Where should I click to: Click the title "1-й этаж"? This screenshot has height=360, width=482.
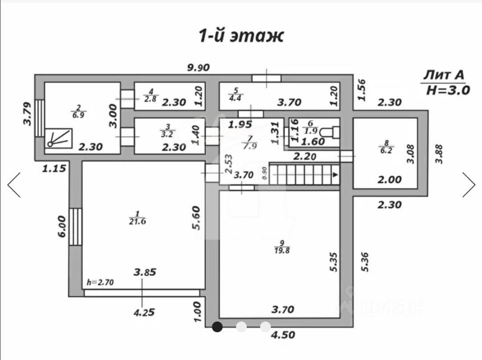point(241,36)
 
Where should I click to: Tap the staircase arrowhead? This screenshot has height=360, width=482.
point(334,175)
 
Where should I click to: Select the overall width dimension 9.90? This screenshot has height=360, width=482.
point(198,68)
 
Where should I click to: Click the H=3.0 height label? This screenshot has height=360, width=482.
point(448,90)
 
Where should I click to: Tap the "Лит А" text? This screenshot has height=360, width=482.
point(444,74)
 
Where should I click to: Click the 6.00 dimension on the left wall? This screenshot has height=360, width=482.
point(62,226)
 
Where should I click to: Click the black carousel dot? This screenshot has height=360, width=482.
point(217,327)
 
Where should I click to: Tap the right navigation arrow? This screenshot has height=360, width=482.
point(469,184)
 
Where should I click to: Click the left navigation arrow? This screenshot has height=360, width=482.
point(14,184)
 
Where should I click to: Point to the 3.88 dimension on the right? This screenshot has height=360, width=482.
point(440,152)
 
